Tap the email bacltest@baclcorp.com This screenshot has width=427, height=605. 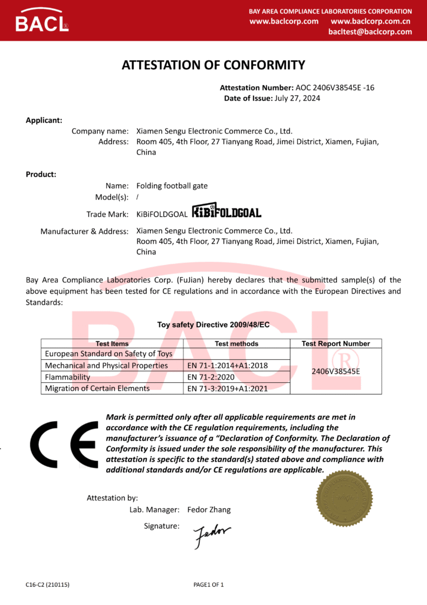[370, 32]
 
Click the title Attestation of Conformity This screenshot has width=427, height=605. [213, 65]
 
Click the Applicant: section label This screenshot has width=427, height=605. [44, 120]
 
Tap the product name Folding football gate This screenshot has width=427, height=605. [172, 186]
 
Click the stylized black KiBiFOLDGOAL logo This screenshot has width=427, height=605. [226, 212]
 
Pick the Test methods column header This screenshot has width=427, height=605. [237, 343]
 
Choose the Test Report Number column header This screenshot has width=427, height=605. [336, 343]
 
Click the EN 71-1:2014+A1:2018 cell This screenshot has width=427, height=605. [227, 366]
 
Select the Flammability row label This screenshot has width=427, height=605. [68, 377]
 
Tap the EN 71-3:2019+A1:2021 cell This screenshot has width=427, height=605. [227, 388]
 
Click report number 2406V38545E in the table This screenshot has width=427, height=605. [336, 371]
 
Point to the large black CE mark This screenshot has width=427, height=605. [64, 444]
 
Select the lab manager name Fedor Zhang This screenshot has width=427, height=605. [209, 509]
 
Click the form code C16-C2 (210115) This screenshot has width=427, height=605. [48, 585]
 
